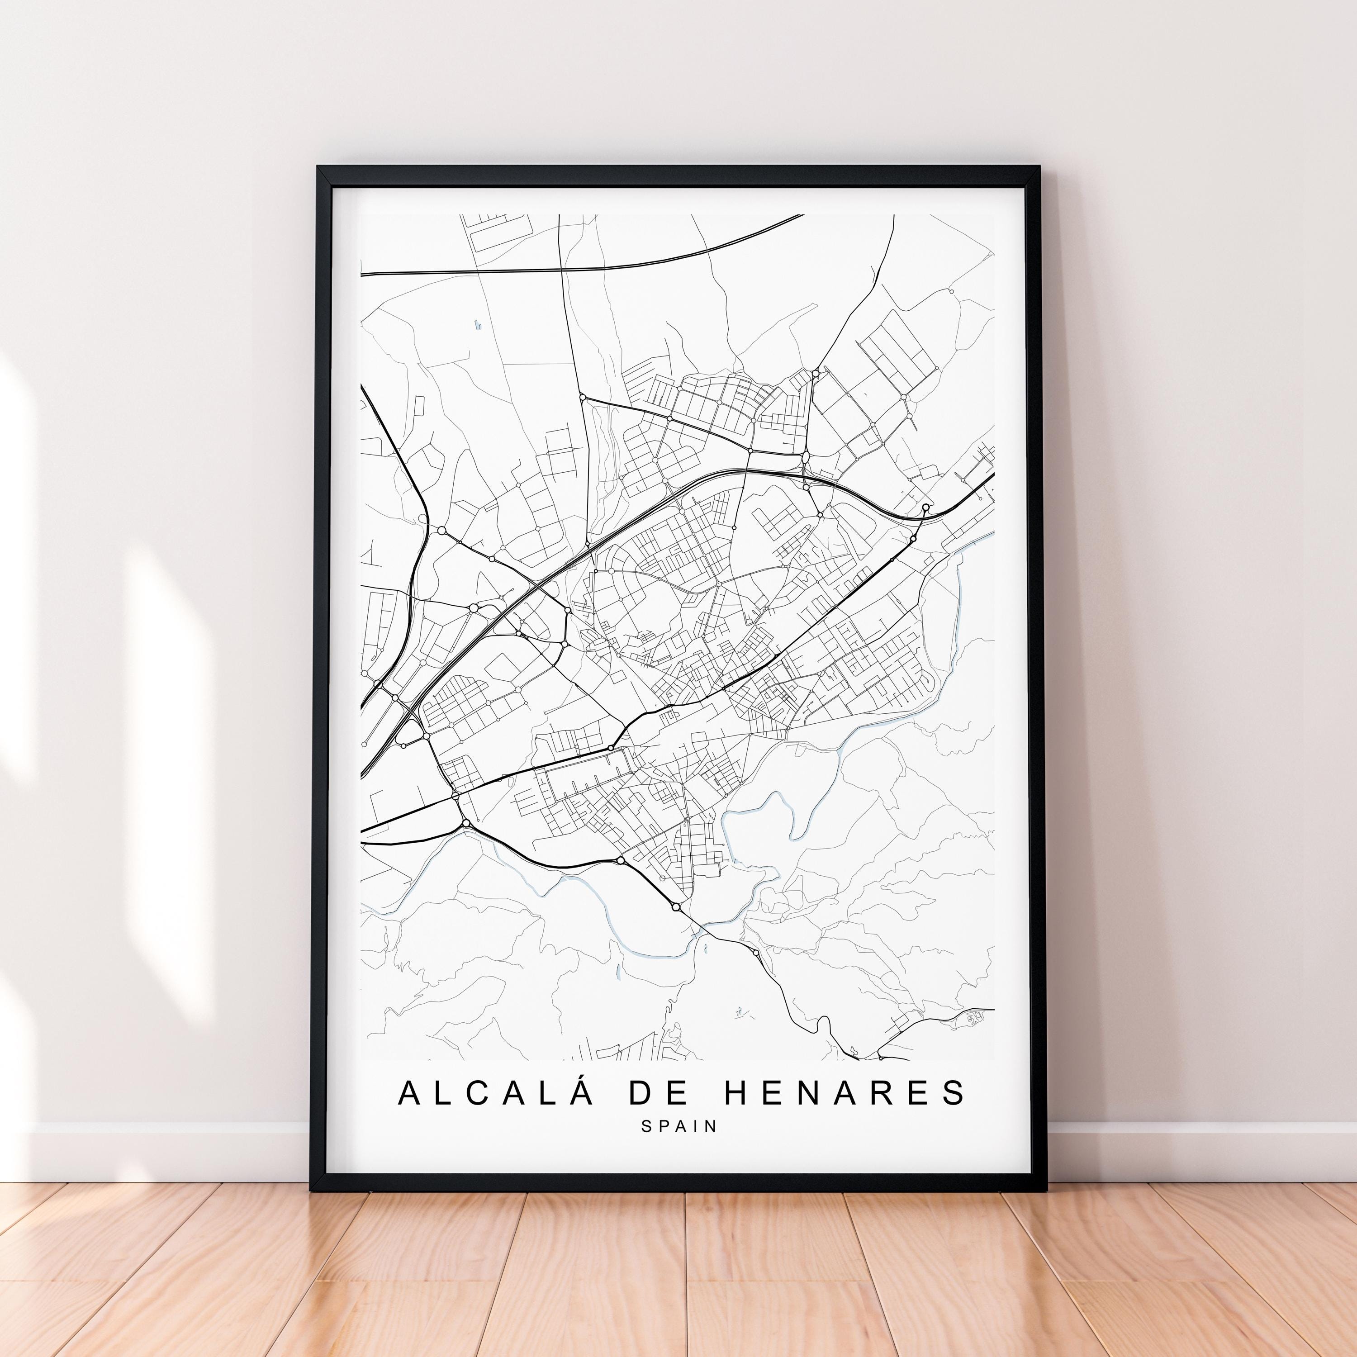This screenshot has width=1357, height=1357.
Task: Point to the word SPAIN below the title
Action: click(679, 1126)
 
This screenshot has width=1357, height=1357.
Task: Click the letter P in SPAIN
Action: click(664, 1126)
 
